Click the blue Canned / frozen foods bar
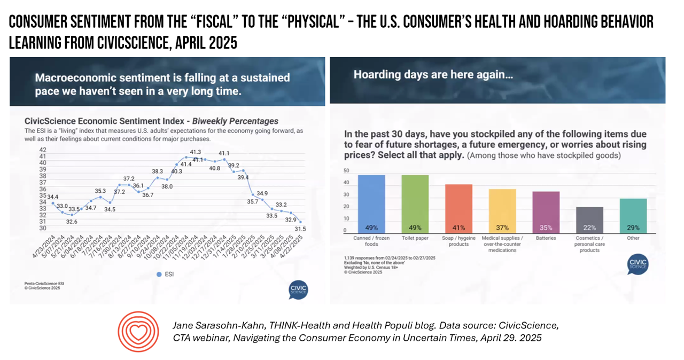371,203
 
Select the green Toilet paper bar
415,203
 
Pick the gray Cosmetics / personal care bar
589,219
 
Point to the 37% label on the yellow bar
502,227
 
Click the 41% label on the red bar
458,227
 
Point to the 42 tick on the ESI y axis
43,150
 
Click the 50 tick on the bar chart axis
346,171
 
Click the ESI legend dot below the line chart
158,274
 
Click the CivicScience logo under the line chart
298,289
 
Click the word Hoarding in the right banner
377,75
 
